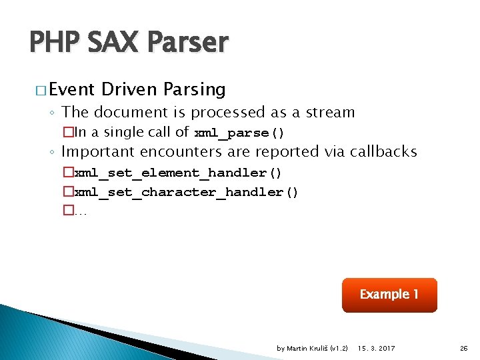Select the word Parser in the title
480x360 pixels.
point(190,43)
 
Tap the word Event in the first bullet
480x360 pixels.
point(73,89)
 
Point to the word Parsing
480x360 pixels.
point(194,89)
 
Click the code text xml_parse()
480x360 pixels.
point(239,133)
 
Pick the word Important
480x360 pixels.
point(100,152)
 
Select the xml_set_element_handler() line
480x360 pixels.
point(178,173)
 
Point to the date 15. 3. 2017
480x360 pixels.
point(376,348)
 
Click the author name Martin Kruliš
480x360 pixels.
point(307,348)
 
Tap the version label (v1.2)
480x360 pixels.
point(339,348)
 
